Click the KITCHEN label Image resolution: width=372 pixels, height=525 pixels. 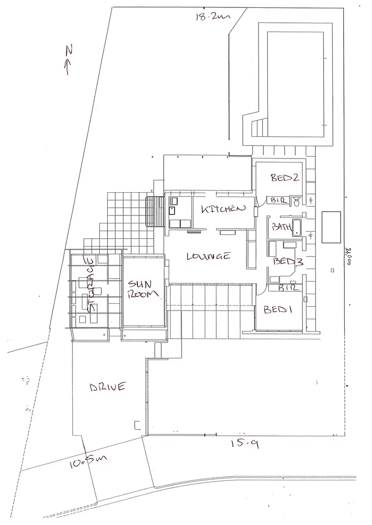click(223, 209)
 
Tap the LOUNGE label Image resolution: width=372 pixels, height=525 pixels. click(208, 256)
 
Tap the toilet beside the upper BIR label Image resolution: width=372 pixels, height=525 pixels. click(296, 201)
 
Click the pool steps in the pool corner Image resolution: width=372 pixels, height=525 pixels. click(259, 128)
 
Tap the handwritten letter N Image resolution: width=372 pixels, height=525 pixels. click(68, 50)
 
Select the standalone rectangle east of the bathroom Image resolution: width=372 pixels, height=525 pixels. click(331, 227)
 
